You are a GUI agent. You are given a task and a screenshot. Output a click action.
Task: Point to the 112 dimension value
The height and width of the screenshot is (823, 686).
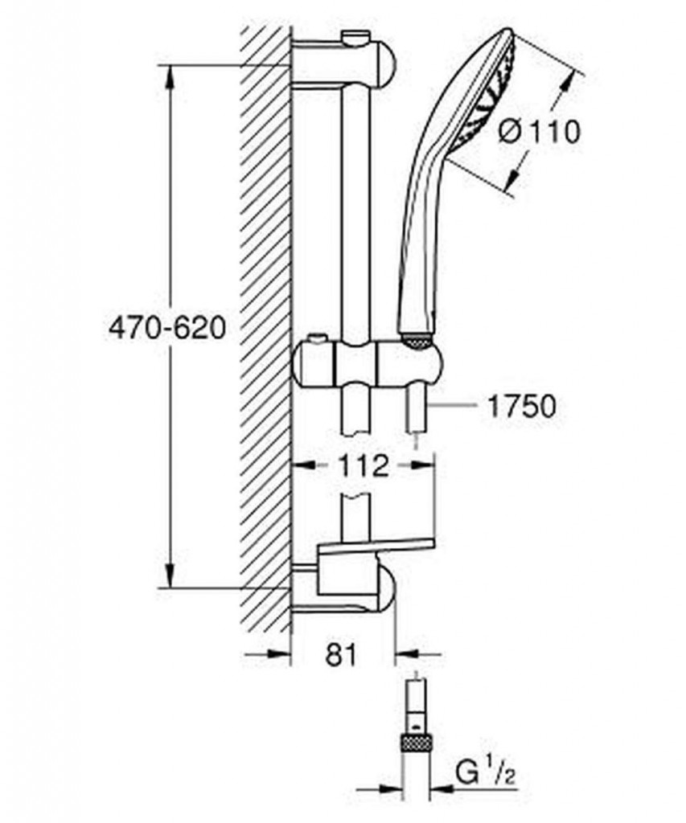coord(364,465)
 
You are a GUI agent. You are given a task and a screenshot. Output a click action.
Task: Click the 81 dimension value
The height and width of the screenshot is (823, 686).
coord(342,655)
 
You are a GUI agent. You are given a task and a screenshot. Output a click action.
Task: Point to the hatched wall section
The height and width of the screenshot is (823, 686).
coord(265,321)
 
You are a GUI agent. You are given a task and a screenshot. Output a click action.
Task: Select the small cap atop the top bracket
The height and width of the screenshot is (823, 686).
coord(353,36)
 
